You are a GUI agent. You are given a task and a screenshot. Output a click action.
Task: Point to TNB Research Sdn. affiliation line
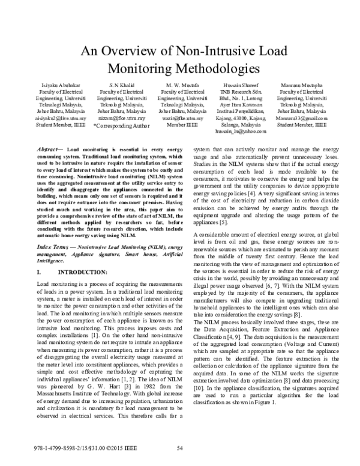click(240, 94)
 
